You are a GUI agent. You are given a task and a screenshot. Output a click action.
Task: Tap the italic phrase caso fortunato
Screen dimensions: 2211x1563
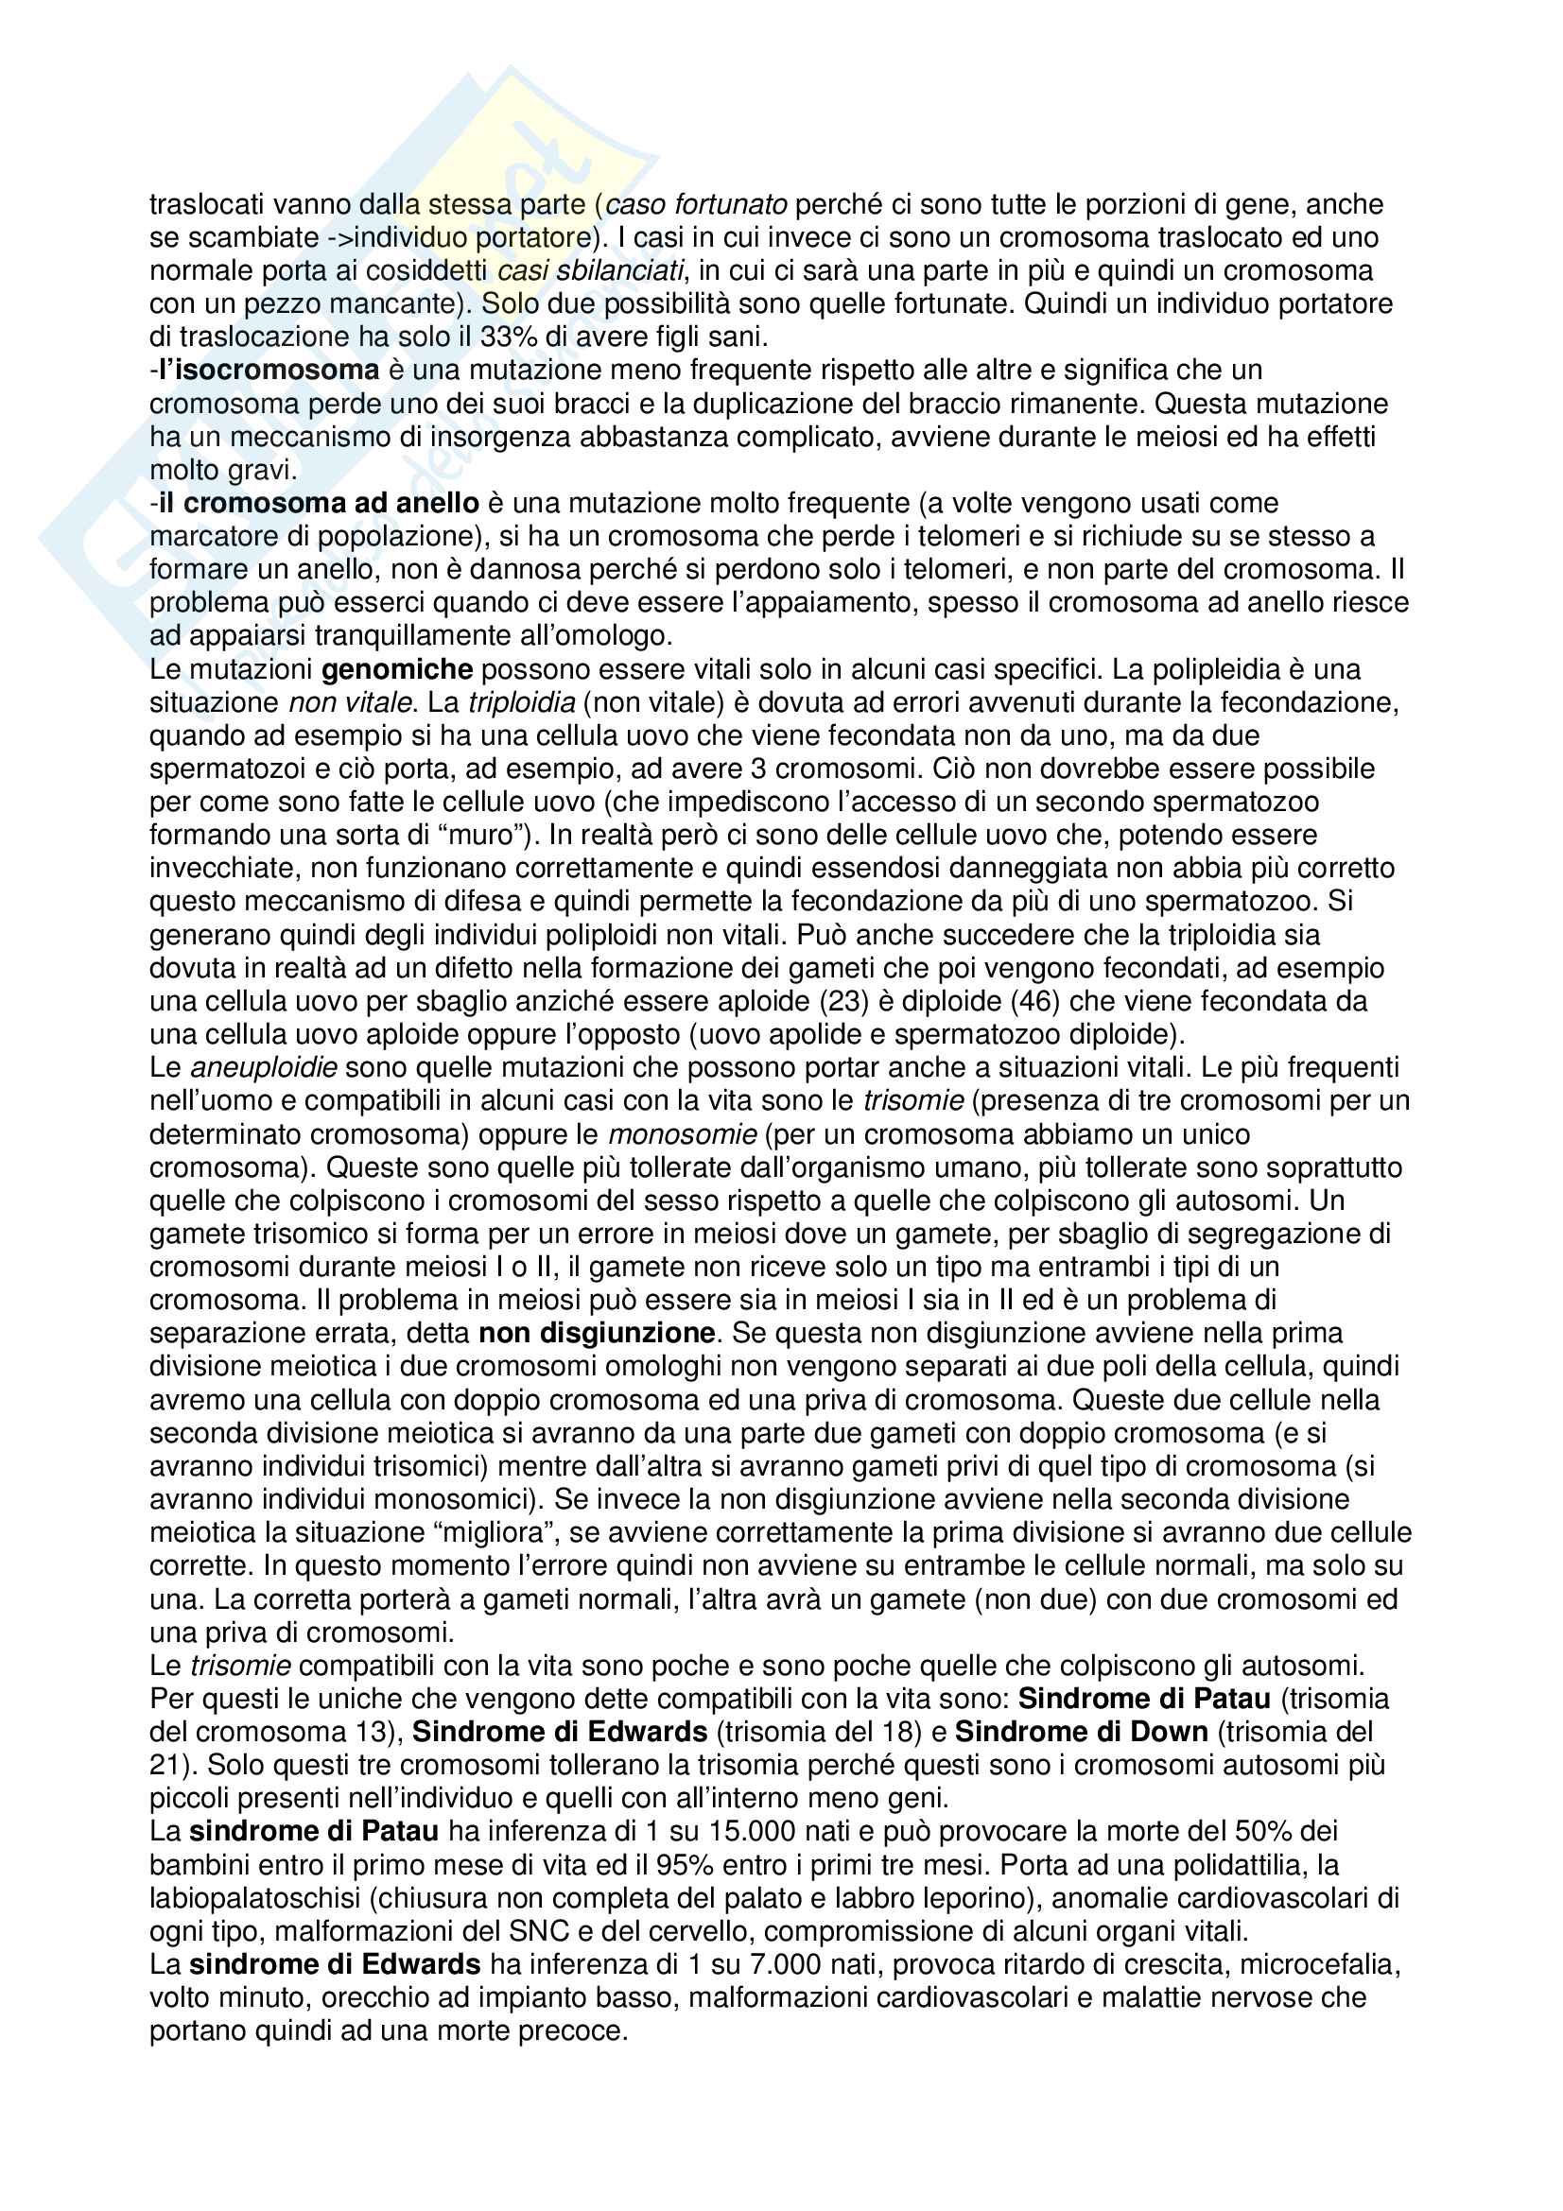[696, 204]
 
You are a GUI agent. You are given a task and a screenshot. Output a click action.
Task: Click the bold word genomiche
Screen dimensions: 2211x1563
[397, 669]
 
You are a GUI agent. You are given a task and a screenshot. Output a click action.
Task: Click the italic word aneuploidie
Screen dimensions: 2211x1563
[264, 1068]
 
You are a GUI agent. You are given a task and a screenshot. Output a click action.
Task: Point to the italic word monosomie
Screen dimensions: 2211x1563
[683, 1134]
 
